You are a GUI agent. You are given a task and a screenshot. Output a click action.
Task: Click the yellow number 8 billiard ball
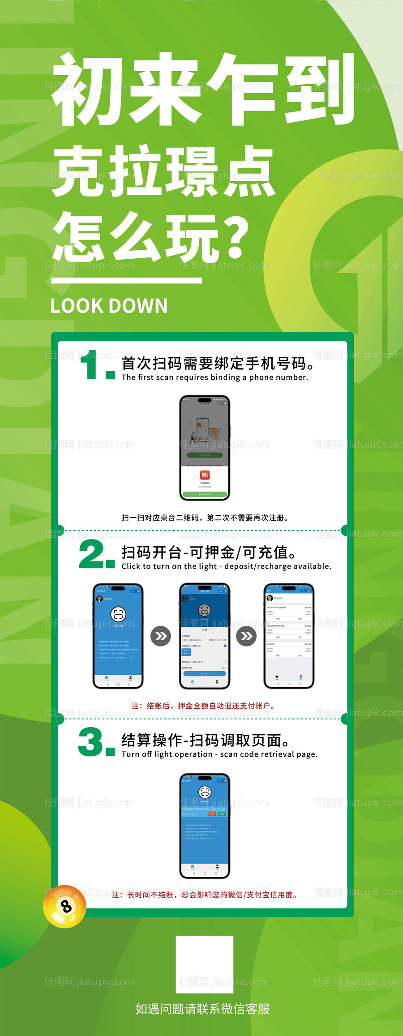point(64,907)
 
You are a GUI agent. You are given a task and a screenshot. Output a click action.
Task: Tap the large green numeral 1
point(92,365)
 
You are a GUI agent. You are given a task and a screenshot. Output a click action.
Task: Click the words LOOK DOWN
point(109,306)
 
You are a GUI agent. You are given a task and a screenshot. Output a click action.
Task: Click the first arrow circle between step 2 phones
point(160,636)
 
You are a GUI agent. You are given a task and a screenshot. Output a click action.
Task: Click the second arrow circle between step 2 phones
point(246,636)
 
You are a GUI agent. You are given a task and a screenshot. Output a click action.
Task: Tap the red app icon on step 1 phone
point(205,475)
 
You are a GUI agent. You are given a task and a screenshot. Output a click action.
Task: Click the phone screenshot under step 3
point(205,826)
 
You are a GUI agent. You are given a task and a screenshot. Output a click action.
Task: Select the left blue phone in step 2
point(118,636)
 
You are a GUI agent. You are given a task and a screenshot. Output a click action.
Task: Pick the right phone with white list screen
point(289,636)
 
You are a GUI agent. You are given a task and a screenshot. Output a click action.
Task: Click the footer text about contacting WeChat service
point(202,1009)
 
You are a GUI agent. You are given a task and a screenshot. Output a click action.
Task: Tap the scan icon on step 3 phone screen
point(205,792)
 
